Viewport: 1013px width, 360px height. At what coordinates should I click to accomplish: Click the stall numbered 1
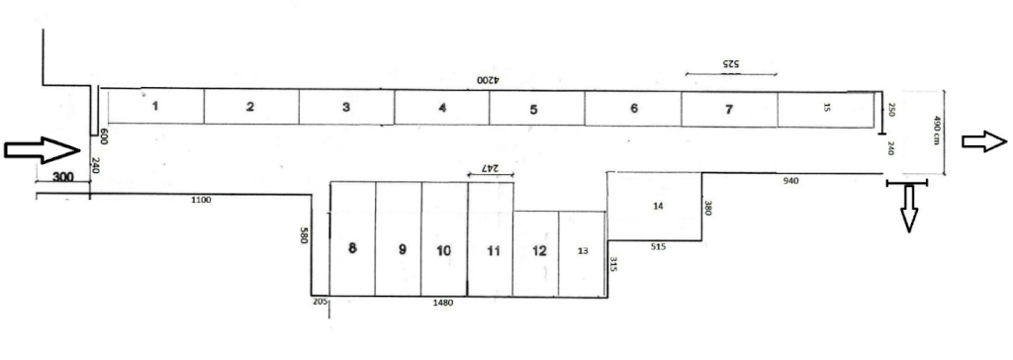pos(155,106)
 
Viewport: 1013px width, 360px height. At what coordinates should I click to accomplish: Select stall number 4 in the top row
pos(442,107)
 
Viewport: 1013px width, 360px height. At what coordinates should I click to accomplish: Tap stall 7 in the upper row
pos(729,109)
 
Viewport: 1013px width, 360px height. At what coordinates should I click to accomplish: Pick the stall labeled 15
pos(826,109)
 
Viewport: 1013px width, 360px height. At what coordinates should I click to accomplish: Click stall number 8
pos(353,238)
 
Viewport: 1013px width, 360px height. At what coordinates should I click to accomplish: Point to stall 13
pos(583,254)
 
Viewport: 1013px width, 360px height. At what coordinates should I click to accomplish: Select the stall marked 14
pos(655,206)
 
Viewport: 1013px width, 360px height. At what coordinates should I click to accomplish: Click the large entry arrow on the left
pos(42,150)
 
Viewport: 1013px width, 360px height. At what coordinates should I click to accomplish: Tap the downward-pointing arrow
pos(909,208)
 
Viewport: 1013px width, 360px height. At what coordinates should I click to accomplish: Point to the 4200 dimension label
pos(490,81)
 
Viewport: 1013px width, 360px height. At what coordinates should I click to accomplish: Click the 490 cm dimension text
pos(936,130)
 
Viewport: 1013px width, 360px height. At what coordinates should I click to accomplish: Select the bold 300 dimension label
pos(62,177)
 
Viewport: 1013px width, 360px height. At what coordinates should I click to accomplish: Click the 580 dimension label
pos(304,234)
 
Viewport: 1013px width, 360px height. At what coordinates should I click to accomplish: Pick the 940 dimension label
pos(790,182)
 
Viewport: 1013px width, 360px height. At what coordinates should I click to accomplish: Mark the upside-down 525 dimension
pos(729,64)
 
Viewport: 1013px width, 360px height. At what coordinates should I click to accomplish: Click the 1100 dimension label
pos(202,201)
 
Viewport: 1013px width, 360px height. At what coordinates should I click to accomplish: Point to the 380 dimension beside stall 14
pos(708,208)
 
